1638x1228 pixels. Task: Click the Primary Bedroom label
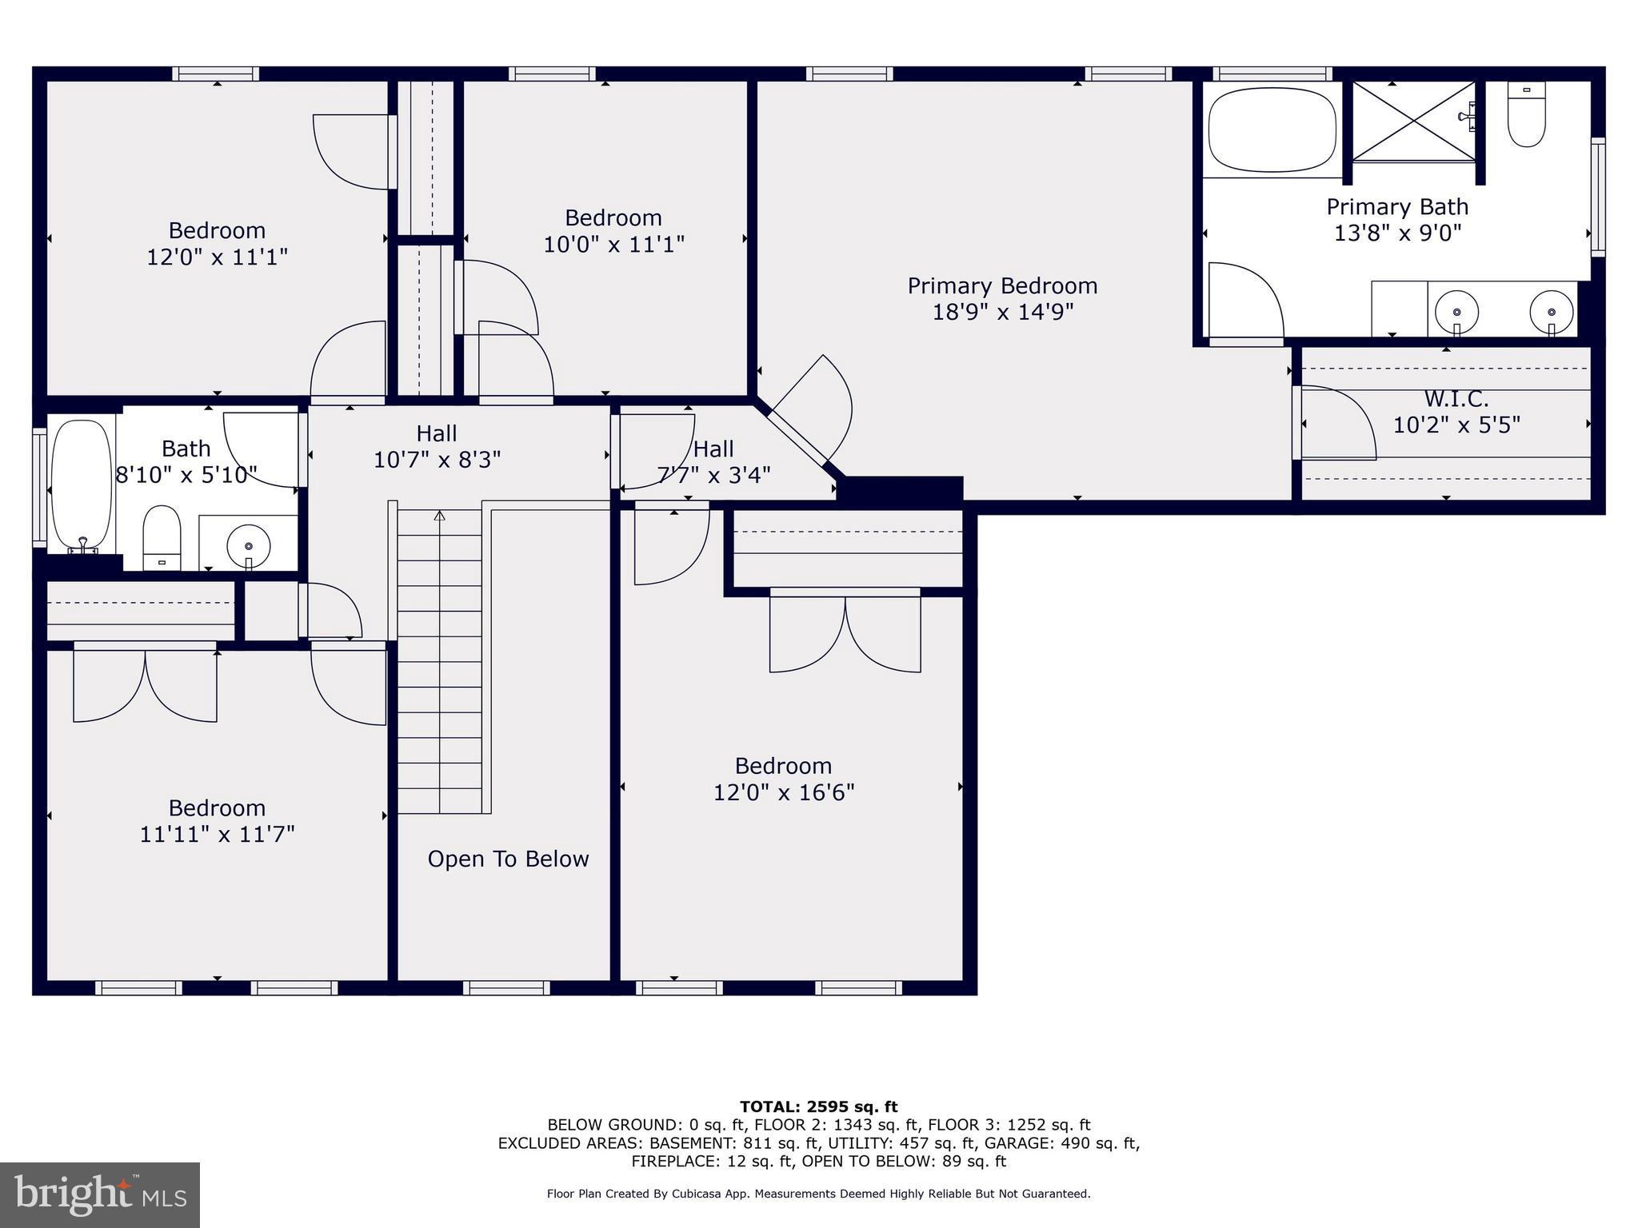point(1002,286)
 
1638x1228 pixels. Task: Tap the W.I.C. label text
point(1456,398)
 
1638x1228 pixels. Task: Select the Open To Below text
point(508,859)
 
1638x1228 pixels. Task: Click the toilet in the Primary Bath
point(1526,116)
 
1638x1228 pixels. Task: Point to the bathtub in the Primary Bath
point(1272,129)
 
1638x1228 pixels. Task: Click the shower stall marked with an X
point(1413,122)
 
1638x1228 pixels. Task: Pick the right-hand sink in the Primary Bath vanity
point(1551,310)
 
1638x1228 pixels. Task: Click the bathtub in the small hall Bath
point(82,484)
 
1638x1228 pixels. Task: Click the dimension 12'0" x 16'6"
point(784,792)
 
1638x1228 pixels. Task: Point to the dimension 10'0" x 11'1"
point(613,244)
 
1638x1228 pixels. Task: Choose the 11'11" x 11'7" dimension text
point(217,834)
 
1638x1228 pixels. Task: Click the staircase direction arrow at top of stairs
point(439,516)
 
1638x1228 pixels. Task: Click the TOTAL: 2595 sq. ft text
point(818,1106)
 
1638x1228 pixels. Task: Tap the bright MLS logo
point(100,1194)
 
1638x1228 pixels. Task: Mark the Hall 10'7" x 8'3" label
point(437,446)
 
